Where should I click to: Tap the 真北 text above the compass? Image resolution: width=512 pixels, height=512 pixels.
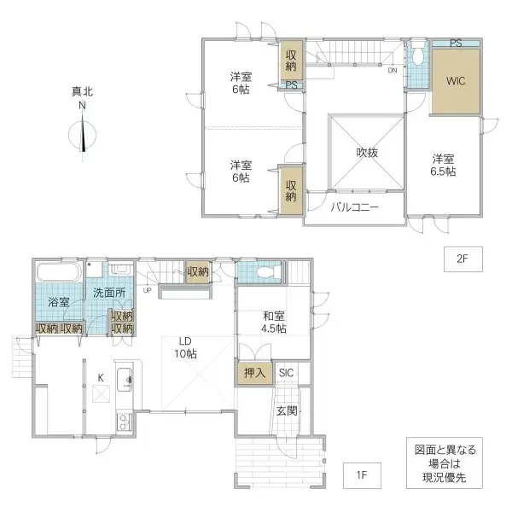tap(83, 90)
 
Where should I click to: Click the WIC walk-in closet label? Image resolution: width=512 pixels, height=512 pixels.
tap(455, 83)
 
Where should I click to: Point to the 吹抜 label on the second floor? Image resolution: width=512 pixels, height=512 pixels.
tap(367, 153)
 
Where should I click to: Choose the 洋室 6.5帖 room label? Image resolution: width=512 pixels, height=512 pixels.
tap(442, 165)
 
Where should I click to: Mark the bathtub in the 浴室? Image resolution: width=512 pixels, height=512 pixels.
tap(58, 273)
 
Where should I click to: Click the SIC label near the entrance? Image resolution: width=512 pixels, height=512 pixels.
tap(285, 372)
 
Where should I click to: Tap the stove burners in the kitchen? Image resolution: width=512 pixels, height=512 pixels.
tap(123, 421)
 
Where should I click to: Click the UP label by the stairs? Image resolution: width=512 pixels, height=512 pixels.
tap(148, 290)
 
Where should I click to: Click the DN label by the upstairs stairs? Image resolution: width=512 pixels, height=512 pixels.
tap(392, 71)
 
